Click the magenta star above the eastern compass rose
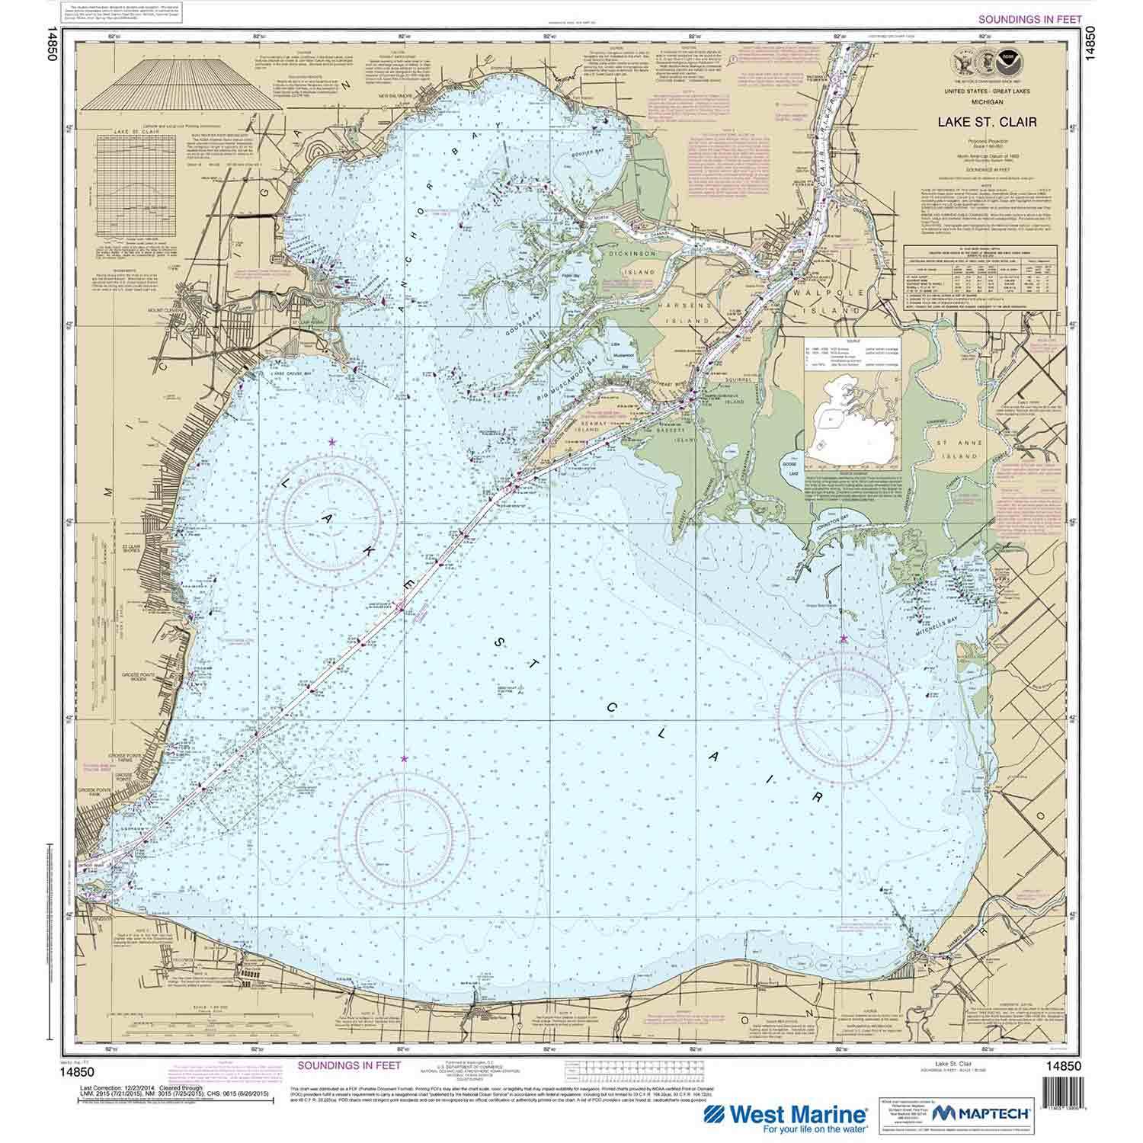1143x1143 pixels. [843, 639]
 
